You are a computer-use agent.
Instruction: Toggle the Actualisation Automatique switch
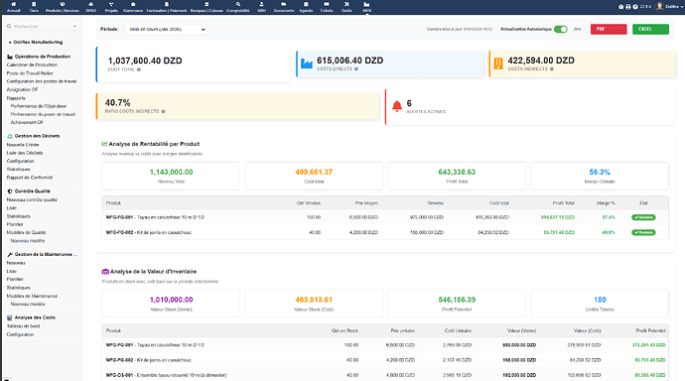click(x=563, y=30)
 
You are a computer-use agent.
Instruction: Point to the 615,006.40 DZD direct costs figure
click(x=350, y=61)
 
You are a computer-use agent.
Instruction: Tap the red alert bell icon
click(x=397, y=104)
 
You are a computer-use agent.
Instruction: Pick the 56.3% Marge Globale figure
click(x=599, y=172)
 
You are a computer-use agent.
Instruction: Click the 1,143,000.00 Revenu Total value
click(x=171, y=172)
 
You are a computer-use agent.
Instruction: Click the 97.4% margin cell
click(x=609, y=216)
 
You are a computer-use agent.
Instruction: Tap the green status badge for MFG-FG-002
click(x=643, y=231)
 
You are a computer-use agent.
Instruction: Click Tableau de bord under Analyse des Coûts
click(x=23, y=326)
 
